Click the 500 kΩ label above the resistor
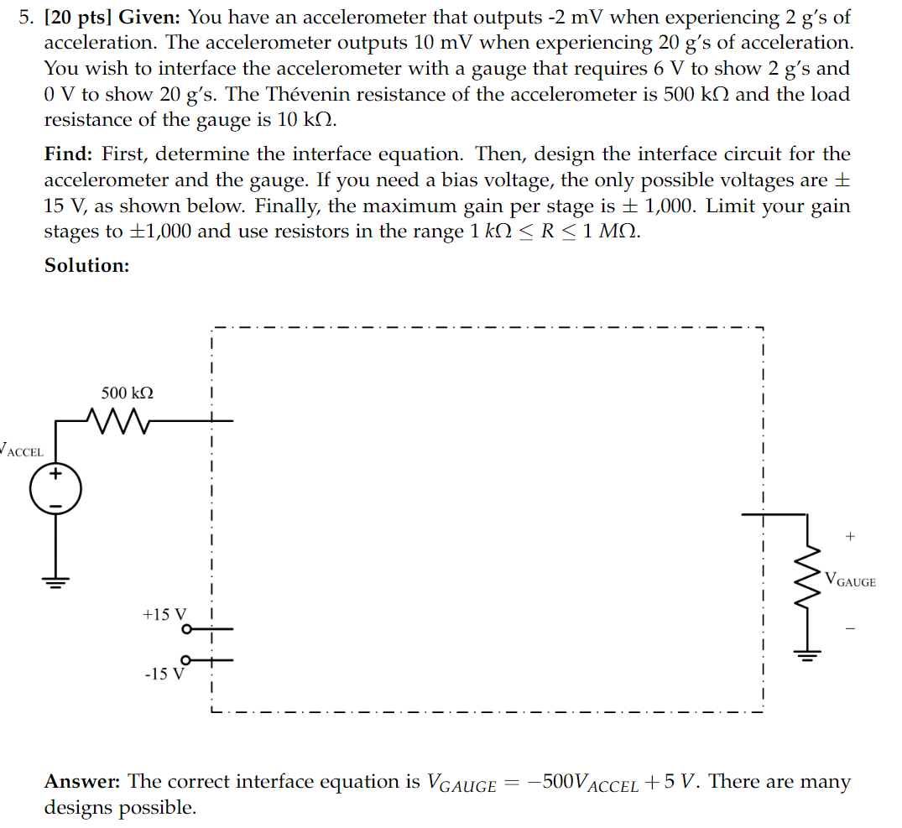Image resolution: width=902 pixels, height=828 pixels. (128, 393)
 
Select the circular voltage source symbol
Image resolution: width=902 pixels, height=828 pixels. (55, 490)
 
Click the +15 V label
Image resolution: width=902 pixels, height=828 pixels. (166, 614)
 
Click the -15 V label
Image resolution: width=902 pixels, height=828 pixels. (163, 674)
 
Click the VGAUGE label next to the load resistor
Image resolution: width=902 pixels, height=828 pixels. (850, 580)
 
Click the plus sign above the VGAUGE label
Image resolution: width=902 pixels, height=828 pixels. (851, 534)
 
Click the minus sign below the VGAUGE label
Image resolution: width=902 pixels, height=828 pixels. (851, 628)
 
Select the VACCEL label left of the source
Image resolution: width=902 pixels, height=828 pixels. (23, 451)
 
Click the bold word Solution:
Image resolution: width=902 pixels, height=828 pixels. (86, 265)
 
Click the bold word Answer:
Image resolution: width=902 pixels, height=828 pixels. (83, 782)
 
